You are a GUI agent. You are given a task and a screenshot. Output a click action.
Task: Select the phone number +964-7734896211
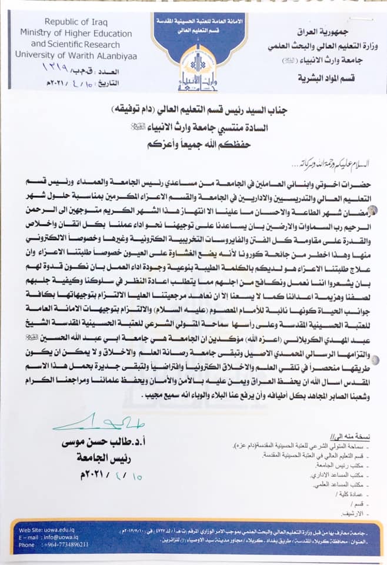[x=62, y=544]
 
